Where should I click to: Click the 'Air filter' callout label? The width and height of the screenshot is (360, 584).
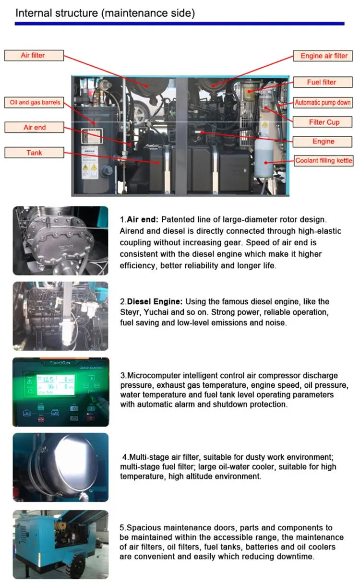(33, 55)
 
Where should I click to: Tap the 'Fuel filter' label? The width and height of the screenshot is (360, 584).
(321, 82)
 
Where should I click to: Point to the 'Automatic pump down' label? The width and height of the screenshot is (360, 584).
(323, 102)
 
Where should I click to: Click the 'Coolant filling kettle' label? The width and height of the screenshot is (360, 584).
(324, 161)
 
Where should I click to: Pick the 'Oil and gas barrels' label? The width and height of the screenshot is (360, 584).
(35, 102)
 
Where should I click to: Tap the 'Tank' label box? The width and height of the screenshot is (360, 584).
(34, 153)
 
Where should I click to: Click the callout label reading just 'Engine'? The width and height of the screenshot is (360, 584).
(323, 141)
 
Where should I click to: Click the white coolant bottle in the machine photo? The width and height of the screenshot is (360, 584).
(263, 156)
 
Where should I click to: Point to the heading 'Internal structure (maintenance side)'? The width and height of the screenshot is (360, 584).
(105, 13)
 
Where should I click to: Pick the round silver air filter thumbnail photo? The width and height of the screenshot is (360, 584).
(60, 467)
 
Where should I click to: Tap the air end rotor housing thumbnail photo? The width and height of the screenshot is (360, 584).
(60, 240)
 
